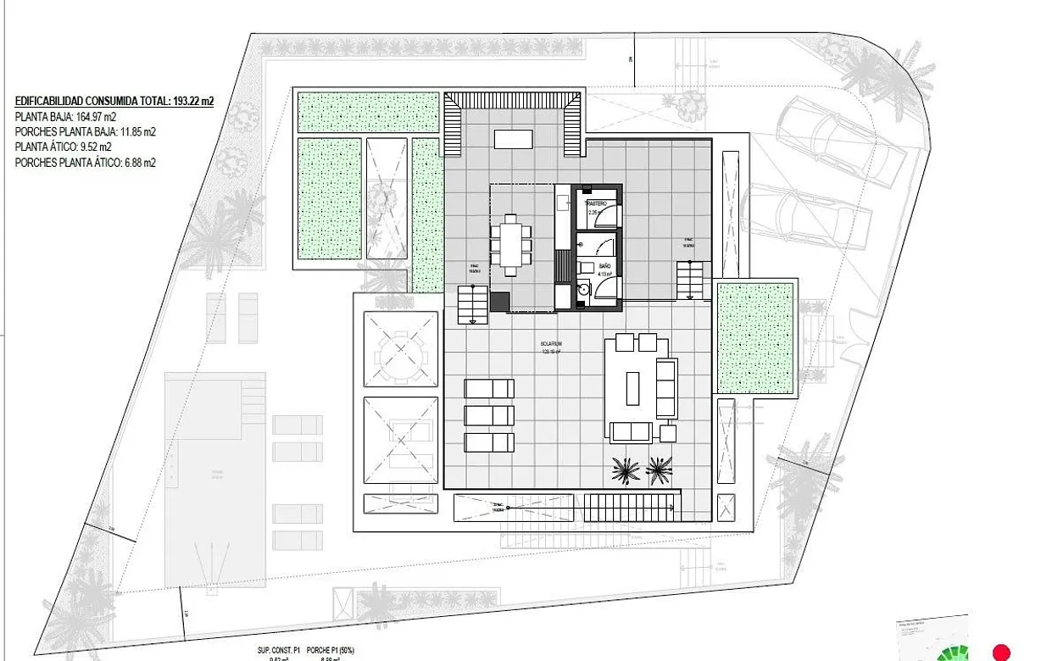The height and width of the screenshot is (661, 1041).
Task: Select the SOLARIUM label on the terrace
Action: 553,346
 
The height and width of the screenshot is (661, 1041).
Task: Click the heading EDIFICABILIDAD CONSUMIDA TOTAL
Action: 114,101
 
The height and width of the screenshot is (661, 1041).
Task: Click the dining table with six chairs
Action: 511,245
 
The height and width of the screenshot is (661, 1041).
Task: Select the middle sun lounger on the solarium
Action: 489,415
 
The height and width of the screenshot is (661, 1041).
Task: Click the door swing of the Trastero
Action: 605,217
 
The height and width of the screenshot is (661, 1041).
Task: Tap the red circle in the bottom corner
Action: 1001,653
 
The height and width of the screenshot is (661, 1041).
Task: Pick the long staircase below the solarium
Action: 631,507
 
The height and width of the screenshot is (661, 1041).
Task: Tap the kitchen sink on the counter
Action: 564,203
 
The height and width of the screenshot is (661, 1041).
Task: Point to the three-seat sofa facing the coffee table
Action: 666,387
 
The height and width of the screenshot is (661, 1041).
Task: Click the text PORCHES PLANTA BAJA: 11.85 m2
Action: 86,132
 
